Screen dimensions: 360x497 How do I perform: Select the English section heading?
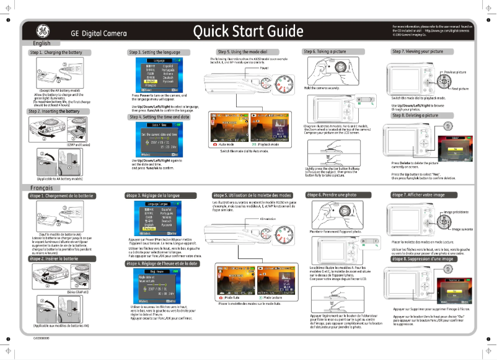point(42,43)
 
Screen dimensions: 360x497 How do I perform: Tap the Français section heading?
point(44,188)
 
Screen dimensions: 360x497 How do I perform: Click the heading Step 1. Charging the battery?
point(55,53)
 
